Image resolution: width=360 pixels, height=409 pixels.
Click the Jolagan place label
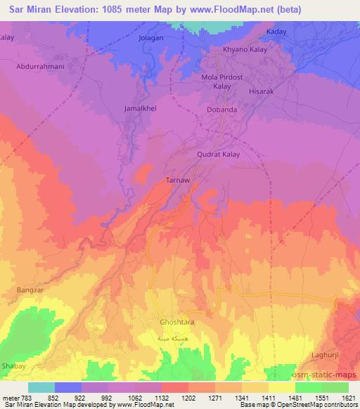tap(152, 37)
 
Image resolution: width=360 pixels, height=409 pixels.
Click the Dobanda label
tap(221, 110)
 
